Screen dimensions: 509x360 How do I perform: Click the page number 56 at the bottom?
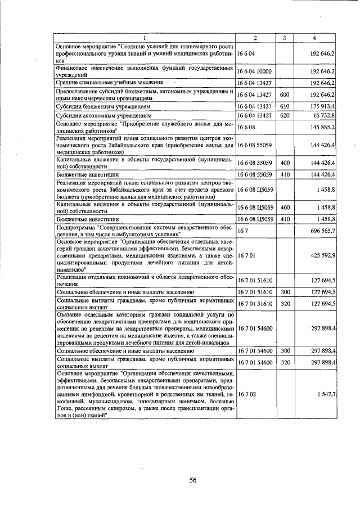click(192, 480)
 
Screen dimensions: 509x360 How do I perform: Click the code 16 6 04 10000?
click(255, 71)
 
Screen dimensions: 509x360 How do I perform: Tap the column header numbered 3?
click(285, 38)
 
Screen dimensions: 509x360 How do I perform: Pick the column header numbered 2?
click(255, 38)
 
